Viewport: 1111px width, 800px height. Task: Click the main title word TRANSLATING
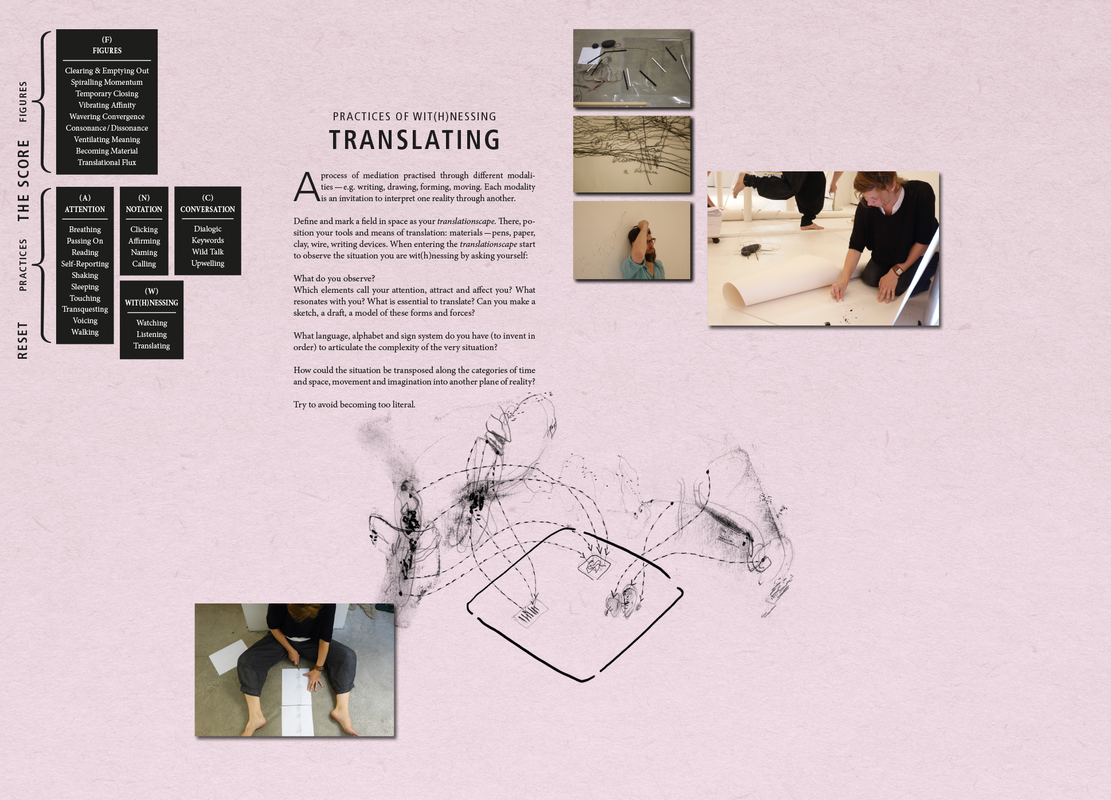(x=414, y=140)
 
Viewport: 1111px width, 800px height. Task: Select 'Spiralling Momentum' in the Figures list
(x=107, y=82)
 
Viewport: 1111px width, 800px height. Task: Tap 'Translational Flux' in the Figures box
(x=107, y=162)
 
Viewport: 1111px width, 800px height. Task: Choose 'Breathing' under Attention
(x=85, y=229)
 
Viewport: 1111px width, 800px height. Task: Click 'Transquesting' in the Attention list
(x=85, y=309)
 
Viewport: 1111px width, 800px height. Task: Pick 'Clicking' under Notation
(x=144, y=229)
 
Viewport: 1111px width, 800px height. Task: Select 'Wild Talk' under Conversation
(x=208, y=252)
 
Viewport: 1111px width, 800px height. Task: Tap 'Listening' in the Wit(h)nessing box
(x=151, y=334)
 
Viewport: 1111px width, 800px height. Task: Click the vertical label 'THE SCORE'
(x=23, y=180)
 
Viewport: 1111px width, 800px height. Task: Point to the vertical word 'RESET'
(x=22, y=340)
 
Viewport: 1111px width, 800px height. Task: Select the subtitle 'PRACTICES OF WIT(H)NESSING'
(x=414, y=116)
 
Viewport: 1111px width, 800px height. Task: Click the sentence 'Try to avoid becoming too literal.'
(x=354, y=405)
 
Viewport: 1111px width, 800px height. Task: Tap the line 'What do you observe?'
(x=334, y=279)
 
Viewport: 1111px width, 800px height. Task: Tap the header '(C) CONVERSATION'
(x=208, y=203)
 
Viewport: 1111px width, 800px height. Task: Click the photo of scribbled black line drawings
(x=632, y=155)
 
